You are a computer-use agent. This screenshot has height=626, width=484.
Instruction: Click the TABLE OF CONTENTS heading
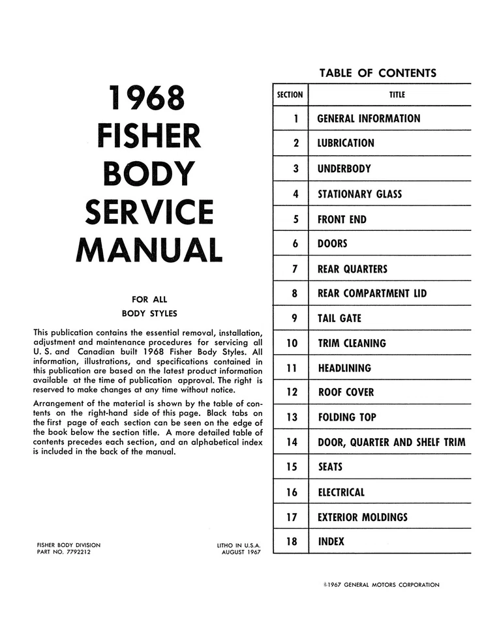378,73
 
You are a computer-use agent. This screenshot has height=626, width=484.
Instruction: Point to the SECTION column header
290,95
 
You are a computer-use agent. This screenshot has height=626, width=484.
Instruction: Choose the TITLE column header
397,95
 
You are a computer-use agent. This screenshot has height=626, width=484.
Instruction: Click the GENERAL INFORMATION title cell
369,119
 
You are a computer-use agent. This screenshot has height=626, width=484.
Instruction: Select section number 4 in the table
295,194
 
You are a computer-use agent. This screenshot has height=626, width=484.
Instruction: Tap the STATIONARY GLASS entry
359,194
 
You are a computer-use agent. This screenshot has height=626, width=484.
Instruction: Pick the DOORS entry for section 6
332,244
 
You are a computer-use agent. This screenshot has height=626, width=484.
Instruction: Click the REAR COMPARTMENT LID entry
372,293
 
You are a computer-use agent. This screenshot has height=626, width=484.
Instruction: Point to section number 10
292,343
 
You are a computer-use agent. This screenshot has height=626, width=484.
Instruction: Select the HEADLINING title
344,368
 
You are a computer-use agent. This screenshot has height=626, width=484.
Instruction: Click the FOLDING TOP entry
346,417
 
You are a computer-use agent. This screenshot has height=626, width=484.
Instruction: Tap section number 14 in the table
292,442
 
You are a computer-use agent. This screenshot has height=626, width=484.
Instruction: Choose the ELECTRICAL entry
341,492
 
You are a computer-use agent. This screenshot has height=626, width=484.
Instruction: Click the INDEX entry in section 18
331,541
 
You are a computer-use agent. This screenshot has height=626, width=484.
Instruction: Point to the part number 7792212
80,552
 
